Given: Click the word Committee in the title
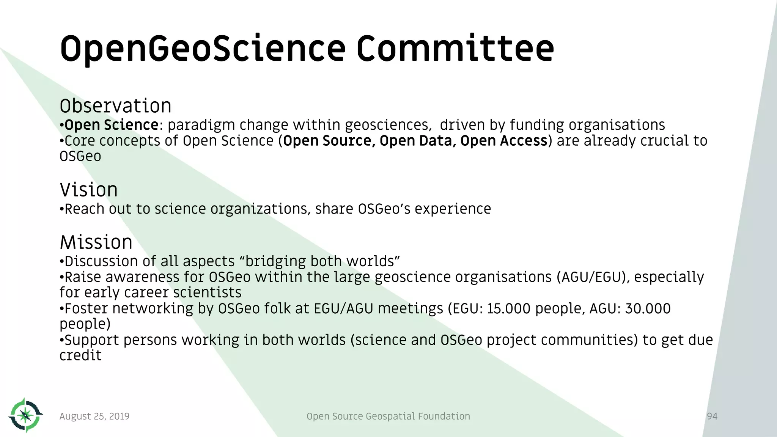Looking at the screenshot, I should tap(455, 49).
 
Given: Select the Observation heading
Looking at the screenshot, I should tap(115, 106).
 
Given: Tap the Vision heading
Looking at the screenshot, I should tap(88, 190).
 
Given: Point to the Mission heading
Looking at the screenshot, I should tap(96, 242).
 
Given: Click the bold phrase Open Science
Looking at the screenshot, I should tap(112, 125).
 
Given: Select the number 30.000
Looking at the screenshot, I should tap(648, 308).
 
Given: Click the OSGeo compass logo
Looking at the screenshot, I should tap(25, 415).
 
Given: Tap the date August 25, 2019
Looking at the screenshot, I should tap(94, 417).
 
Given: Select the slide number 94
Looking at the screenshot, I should tap(712, 417).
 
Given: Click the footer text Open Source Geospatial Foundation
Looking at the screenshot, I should tap(388, 417).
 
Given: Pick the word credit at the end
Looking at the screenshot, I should tap(80, 355).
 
